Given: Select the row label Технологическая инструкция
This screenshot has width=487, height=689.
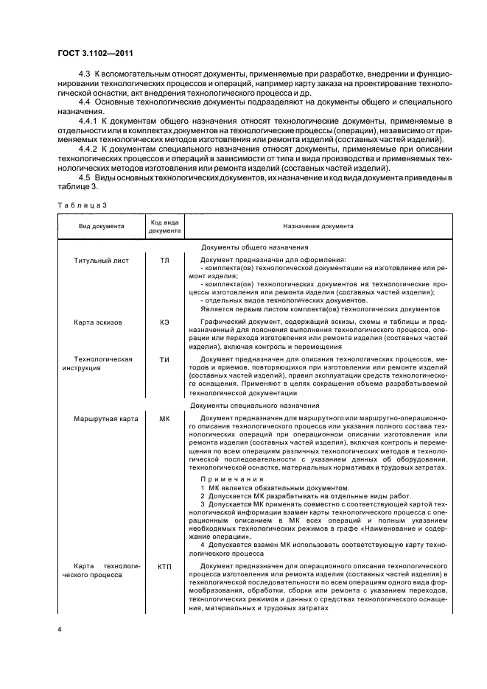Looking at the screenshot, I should tap(96, 363).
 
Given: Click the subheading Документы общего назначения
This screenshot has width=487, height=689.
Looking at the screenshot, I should tap(254, 247).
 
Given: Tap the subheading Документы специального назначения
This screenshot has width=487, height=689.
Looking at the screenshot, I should tap(254, 406).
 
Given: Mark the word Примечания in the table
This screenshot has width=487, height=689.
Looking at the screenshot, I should tap(231, 478).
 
